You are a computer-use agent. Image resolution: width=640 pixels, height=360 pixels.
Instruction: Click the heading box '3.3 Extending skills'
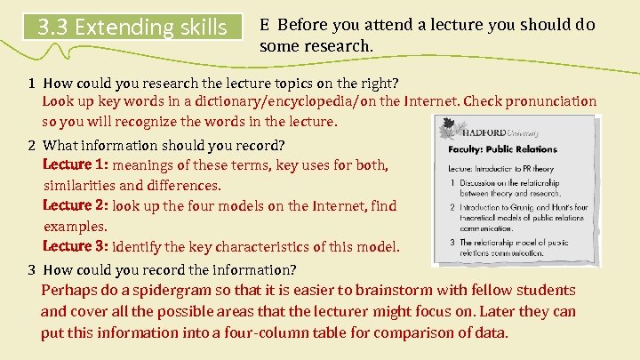(x=132, y=27)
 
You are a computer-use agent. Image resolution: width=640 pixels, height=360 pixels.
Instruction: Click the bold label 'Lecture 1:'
(x=76, y=164)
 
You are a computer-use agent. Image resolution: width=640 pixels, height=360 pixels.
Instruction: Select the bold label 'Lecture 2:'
(x=76, y=205)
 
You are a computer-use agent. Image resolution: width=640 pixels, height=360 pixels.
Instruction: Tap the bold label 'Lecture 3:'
(x=76, y=246)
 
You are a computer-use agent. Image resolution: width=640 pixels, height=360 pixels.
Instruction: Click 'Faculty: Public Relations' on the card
(x=502, y=149)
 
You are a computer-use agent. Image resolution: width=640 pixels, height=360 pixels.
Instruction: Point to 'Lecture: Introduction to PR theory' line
(x=501, y=167)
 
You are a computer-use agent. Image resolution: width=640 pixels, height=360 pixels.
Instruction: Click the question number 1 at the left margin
(x=30, y=84)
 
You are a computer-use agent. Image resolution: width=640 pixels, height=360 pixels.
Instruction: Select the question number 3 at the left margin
(x=30, y=269)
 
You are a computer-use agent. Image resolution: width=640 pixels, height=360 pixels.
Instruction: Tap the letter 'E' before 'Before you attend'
(x=265, y=25)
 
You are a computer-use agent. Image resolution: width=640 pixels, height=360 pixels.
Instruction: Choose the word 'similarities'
(x=79, y=185)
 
